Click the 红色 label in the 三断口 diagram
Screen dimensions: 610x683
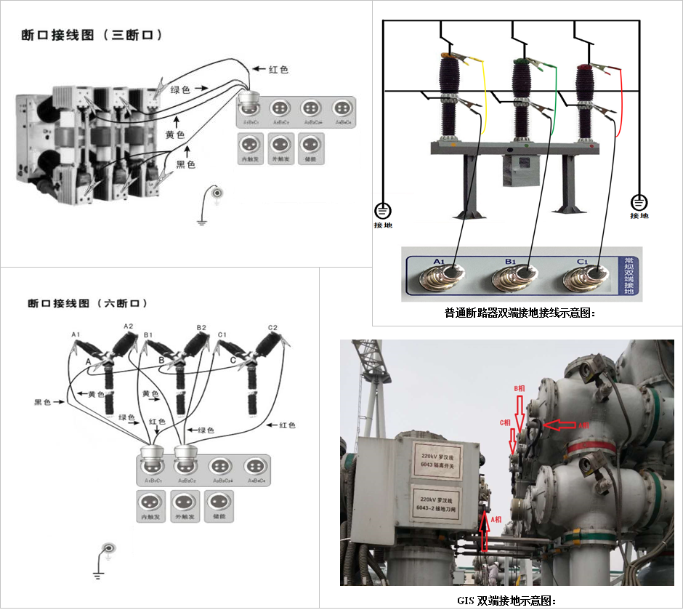click(x=278, y=70)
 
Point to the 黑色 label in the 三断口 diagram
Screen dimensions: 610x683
click(x=186, y=165)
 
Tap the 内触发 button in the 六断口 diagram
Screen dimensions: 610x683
click(x=150, y=506)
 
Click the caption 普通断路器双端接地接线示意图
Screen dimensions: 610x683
click(x=520, y=313)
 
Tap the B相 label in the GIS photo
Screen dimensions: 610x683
click(x=520, y=388)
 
